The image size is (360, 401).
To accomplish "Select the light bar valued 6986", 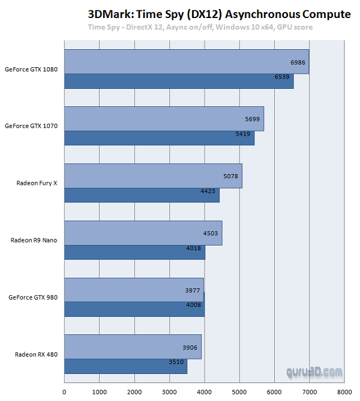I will coord(186,62).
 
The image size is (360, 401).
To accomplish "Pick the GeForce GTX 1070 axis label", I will coord(31,126).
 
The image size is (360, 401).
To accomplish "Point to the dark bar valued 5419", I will coord(159,138).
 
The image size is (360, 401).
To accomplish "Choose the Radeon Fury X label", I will coord(37,183).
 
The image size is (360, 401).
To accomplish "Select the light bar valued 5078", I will coord(153,176).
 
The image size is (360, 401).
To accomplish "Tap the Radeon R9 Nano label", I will coord(34,240).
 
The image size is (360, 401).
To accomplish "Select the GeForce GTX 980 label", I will coord(33,297).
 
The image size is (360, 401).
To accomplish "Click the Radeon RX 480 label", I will coord(37,354).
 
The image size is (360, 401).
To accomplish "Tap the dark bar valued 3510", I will coord(125,366).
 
